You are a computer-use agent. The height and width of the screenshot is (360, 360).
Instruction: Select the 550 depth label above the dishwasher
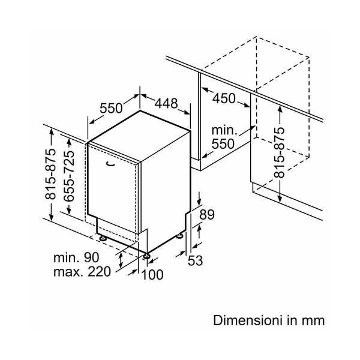coord(112,108)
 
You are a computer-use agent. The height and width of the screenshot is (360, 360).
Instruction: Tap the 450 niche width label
coord(224,98)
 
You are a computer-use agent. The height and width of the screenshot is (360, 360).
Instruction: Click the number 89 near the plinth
coord(206,214)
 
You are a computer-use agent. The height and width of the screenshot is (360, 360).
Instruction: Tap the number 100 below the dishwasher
coord(152,275)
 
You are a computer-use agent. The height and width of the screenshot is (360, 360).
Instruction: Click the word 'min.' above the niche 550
coord(225,130)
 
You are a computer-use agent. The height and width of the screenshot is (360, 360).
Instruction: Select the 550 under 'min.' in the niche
coord(223,144)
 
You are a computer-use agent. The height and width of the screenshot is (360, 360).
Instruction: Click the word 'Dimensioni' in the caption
coord(243,320)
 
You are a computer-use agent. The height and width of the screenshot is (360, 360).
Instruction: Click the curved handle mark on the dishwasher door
coord(109,163)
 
